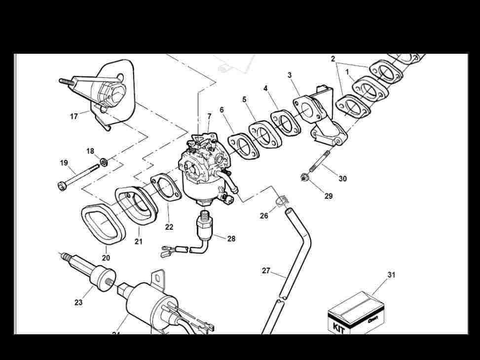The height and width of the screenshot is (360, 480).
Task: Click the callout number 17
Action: coord(74,117)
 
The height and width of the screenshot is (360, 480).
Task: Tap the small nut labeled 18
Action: coord(104,162)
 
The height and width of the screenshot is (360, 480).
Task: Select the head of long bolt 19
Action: coord(62,186)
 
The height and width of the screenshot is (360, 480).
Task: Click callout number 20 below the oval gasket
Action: coord(106,257)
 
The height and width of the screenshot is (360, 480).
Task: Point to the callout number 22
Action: coord(169,227)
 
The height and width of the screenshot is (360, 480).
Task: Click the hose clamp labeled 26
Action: coord(281,201)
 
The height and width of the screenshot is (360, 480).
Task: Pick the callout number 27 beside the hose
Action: coord(266,271)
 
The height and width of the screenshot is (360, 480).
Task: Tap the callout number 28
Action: coord(231,239)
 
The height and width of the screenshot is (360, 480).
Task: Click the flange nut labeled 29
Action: coord(304,177)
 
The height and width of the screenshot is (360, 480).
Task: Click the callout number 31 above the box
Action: coord(391,275)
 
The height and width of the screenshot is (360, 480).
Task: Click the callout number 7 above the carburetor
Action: coord(209,116)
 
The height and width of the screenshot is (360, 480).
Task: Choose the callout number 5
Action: coord(244,100)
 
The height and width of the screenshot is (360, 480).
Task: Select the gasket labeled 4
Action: coord(285,121)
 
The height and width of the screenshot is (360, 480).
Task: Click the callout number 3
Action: coord(290,75)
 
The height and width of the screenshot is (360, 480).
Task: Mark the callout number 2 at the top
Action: coord(333,59)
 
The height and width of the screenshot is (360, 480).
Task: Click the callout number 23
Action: coord(78,302)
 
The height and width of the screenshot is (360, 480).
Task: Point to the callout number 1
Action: coord(347,72)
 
